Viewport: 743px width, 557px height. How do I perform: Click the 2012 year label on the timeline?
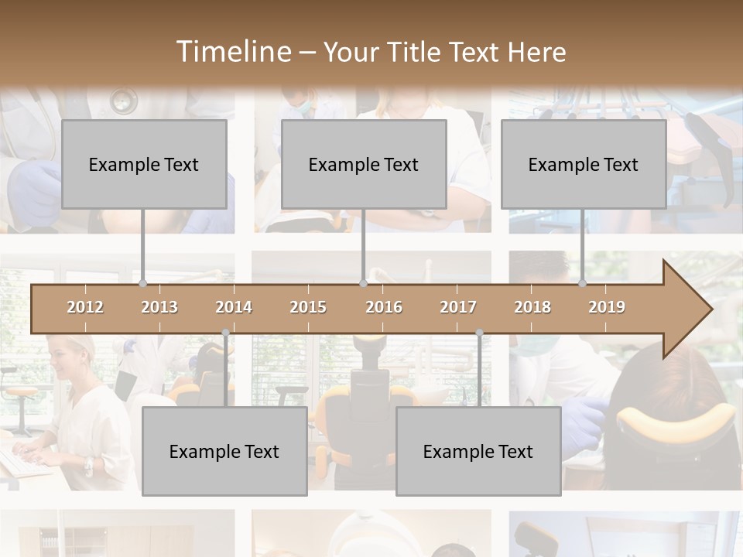(85, 307)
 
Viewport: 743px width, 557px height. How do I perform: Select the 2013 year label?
(159, 307)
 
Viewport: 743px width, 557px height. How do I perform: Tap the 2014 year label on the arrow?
(234, 307)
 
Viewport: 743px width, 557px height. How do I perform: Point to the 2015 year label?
(308, 307)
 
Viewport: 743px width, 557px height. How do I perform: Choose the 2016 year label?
(384, 307)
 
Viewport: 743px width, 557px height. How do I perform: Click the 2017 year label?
(458, 307)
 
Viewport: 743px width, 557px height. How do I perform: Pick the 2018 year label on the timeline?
(532, 307)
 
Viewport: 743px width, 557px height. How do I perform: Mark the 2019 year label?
(607, 307)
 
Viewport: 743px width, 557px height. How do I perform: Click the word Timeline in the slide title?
(232, 52)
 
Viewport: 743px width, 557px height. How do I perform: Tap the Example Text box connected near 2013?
(144, 164)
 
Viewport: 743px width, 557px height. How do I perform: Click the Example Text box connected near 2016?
(364, 164)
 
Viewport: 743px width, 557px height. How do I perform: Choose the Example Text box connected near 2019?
(584, 164)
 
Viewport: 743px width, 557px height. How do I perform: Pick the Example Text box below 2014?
(224, 452)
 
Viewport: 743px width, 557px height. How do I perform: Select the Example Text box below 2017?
(478, 452)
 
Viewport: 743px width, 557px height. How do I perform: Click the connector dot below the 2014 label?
(225, 333)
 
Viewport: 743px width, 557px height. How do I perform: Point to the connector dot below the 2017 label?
(479, 333)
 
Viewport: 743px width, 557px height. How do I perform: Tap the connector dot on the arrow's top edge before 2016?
(363, 283)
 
